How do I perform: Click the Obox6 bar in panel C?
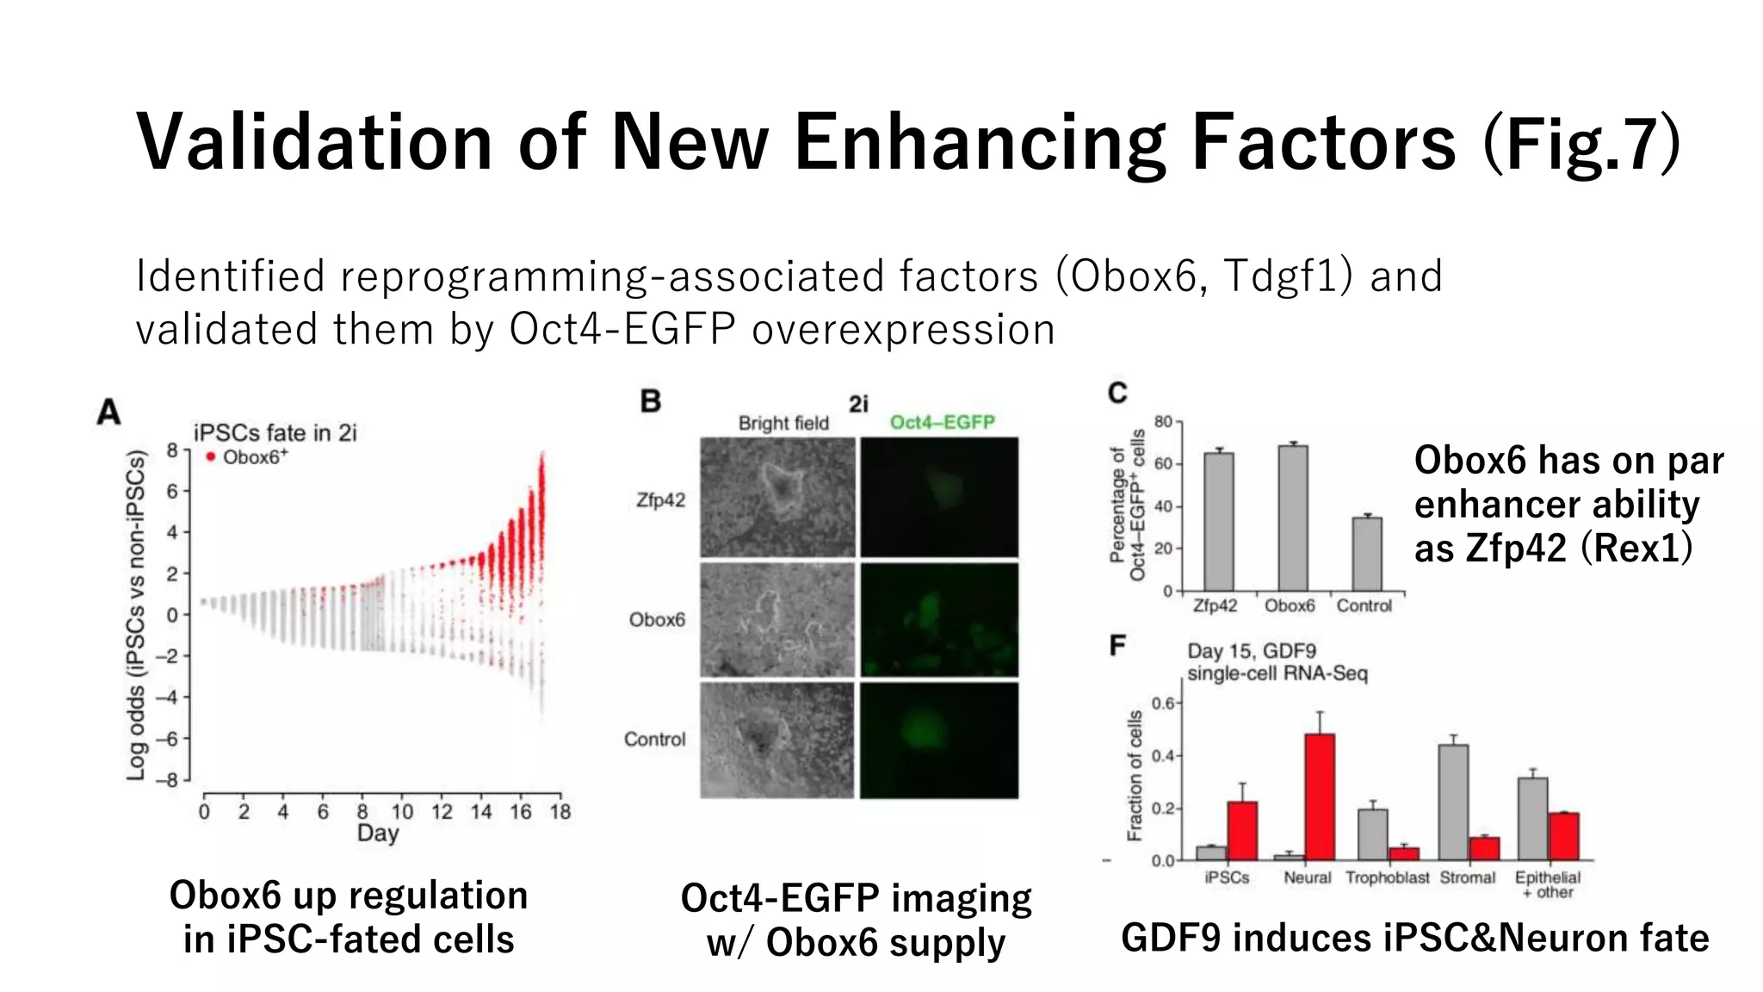pyautogui.click(x=1292, y=518)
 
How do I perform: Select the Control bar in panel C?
pyautogui.click(x=1366, y=555)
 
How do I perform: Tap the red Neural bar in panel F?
pyautogui.click(x=1320, y=797)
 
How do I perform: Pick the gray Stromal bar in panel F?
pyautogui.click(x=1453, y=803)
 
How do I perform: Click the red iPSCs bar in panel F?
pyautogui.click(x=1241, y=831)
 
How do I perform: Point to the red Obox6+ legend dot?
pyautogui.click(x=210, y=456)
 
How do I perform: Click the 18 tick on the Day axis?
pyautogui.click(x=560, y=811)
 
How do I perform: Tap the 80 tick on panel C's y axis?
pyautogui.click(x=1163, y=421)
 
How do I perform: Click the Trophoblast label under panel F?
pyautogui.click(x=1387, y=877)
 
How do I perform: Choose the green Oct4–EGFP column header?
pyautogui.click(x=942, y=422)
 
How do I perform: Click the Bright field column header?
pyautogui.click(x=783, y=423)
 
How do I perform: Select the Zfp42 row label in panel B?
pyautogui.click(x=660, y=499)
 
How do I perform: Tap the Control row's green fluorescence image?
pyautogui.click(x=939, y=741)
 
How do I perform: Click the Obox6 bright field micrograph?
pyautogui.click(x=777, y=620)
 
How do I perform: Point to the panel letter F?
pyautogui.click(x=1117, y=645)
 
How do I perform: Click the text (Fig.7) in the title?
pyautogui.click(x=1581, y=142)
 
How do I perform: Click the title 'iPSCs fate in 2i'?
pyautogui.click(x=275, y=432)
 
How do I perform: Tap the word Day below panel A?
pyautogui.click(x=378, y=833)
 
